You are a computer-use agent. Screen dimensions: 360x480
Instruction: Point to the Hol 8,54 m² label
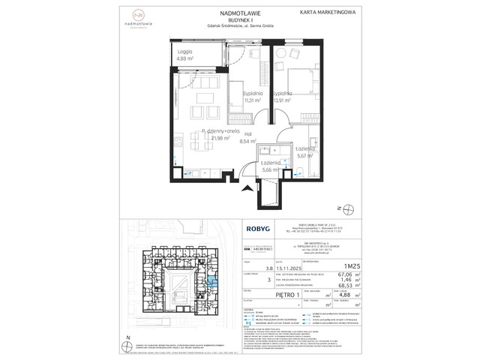[247, 137]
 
